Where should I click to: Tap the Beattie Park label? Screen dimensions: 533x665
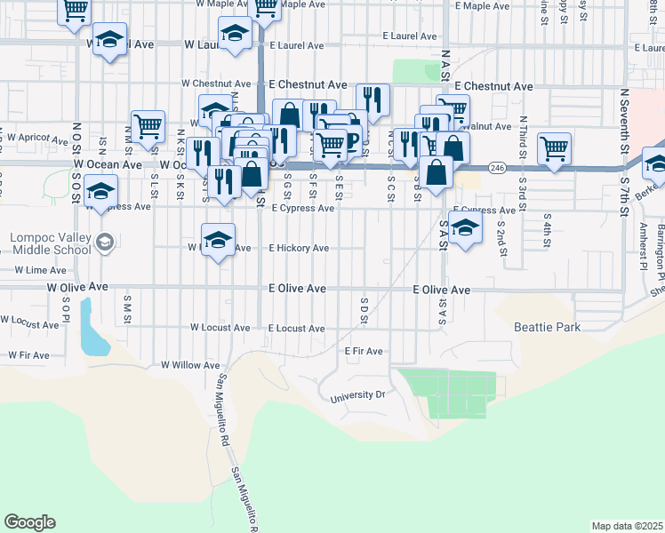pyautogui.click(x=547, y=327)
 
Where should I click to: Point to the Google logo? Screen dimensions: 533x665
pyautogui.click(x=29, y=522)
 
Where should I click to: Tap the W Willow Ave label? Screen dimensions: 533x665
pyautogui.click(x=189, y=365)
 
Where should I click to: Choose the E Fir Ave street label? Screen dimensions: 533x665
pyautogui.click(x=364, y=351)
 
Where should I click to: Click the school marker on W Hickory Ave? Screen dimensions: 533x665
pyautogui.click(x=218, y=241)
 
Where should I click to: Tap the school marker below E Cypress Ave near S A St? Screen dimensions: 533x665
pyautogui.click(x=465, y=229)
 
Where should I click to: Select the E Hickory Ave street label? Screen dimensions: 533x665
pyautogui.click(x=299, y=249)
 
